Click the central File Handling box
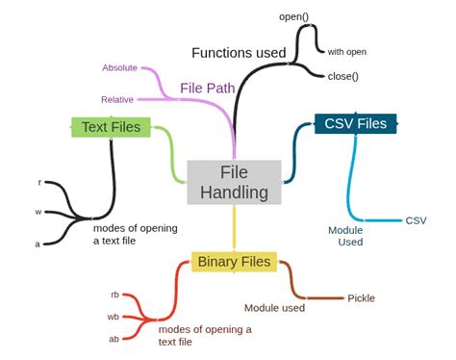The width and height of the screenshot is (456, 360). pos(234,182)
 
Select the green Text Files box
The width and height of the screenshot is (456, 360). pos(111,126)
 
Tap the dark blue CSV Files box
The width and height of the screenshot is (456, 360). pos(355,123)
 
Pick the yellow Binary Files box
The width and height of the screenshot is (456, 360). pos(235,261)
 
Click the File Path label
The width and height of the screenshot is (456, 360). pos(207,89)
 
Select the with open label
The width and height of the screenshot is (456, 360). pos(346,51)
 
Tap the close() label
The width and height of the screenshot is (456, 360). pos(343,76)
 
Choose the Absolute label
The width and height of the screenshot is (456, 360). pos(119,67)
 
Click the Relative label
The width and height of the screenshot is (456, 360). pos(117,99)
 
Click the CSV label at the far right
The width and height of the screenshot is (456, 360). pos(416,220)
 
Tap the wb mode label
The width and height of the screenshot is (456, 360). pos(114,317)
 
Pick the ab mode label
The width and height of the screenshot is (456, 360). pos(114,339)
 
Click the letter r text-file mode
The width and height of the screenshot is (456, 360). pos(39,182)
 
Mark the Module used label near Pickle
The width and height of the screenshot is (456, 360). pos(274,308)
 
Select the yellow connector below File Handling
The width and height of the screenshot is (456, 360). pos(234,227)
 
